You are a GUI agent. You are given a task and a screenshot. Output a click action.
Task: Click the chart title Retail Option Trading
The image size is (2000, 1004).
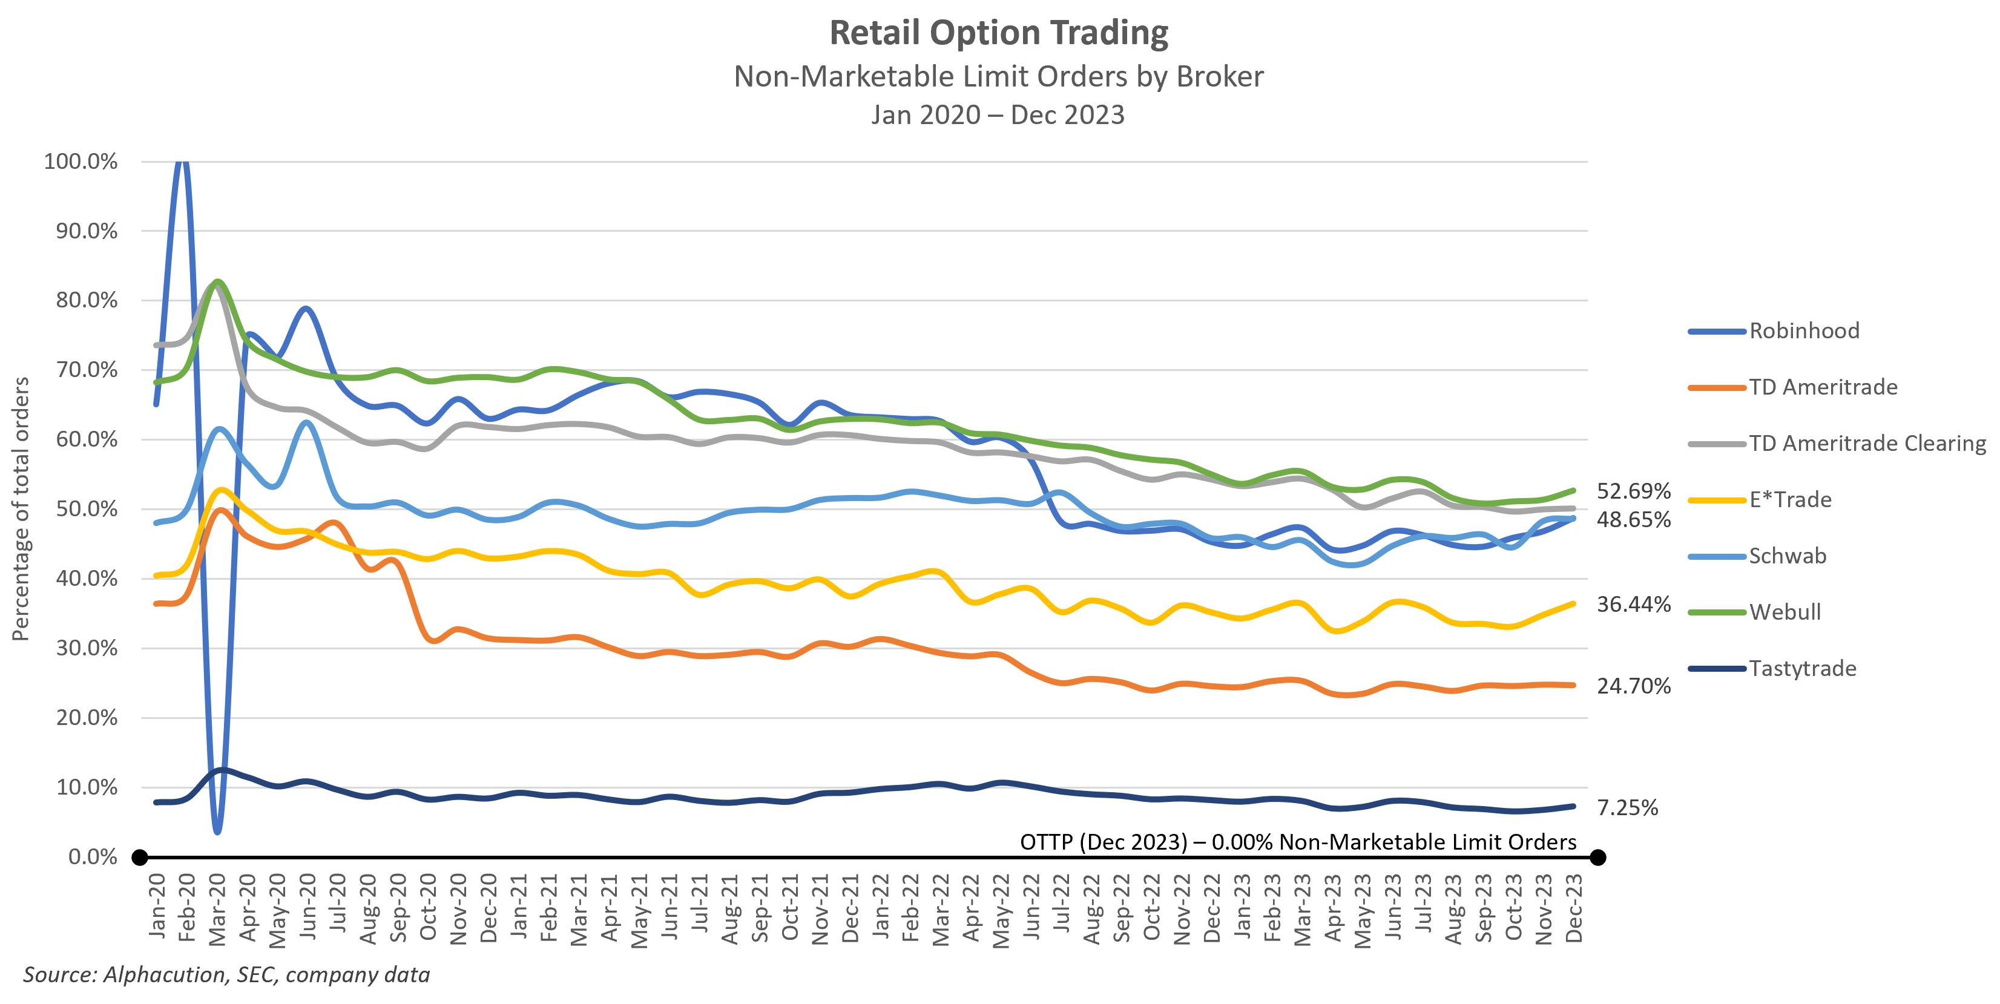pos(998,33)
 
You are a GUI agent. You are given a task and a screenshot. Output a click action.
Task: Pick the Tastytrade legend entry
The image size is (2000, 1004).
pos(1802,669)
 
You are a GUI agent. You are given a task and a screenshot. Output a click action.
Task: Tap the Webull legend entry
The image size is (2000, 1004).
pos(1784,612)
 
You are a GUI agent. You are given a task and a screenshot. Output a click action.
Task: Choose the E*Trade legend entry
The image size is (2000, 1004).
pos(1789,499)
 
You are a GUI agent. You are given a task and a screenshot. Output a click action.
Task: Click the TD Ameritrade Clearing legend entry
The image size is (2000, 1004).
pos(1866,444)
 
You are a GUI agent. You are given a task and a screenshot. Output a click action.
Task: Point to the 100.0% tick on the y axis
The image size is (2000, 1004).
pos(81,162)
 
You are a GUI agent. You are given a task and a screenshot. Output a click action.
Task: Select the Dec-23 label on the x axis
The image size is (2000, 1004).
pos(1574,908)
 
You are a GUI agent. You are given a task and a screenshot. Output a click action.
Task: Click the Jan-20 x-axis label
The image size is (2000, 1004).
pos(157,905)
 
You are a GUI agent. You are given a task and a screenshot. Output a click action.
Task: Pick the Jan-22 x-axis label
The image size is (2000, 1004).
pos(880,905)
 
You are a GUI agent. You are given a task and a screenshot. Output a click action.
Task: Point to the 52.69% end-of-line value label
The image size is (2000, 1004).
pos(1633,491)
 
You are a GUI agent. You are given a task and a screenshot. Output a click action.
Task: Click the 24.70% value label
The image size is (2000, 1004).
pos(1633,686)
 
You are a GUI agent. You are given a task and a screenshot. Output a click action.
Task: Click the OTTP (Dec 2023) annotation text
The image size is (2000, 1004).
pos(1297,842)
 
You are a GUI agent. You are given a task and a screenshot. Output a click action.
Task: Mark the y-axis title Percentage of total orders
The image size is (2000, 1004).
pos(21,508)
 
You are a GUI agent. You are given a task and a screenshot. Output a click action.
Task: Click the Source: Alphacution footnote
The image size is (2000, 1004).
pos(226,974)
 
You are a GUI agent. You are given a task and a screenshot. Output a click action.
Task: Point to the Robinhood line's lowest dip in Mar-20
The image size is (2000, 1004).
pos(217,831)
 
